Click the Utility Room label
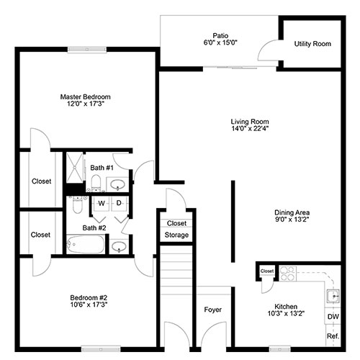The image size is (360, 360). point(312,44)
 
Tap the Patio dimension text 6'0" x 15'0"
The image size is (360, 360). point(220,42)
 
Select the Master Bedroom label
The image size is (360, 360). point(85,96)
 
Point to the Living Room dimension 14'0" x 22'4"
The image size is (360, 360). point(250,129)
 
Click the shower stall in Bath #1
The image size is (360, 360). point(74,168)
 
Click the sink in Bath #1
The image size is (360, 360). point(117,184)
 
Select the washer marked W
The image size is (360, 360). point(102,204)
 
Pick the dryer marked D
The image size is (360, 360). point(119,204)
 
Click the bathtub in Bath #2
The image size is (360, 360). point(86,244)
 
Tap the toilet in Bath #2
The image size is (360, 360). point(77,204)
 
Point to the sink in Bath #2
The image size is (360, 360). point(119,246)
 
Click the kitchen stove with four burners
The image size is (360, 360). point(288,274)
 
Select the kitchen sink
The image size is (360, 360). point(333,297)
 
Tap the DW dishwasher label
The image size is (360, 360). point(333,317)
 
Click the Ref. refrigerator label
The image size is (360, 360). point(333,336)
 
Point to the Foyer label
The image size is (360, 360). point(212,310)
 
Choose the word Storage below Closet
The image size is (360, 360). point(176,235)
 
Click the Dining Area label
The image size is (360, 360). point(292,212)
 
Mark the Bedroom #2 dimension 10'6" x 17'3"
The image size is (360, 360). point(89,305)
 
